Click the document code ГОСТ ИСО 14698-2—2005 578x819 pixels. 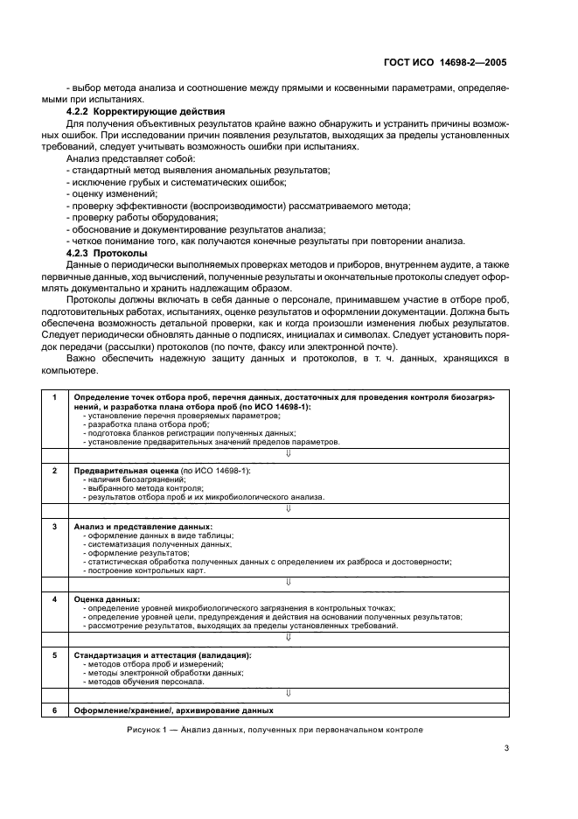pos(446,63)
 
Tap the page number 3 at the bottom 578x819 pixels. pos(507,747)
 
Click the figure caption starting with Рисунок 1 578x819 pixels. pos(274,729)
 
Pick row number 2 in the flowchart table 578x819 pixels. pos(54,471)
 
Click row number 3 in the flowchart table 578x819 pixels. pos(54,527)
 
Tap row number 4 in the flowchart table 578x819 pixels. pos(54,599)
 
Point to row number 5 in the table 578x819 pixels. pos(54,654)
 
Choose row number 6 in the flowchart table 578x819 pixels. pos(54,710)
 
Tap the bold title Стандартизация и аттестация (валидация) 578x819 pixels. pos(163,654)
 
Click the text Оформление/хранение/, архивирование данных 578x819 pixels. pos(173,710)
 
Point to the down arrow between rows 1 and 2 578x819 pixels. pos(288,453)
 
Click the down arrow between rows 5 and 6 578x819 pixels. pos(288,692)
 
